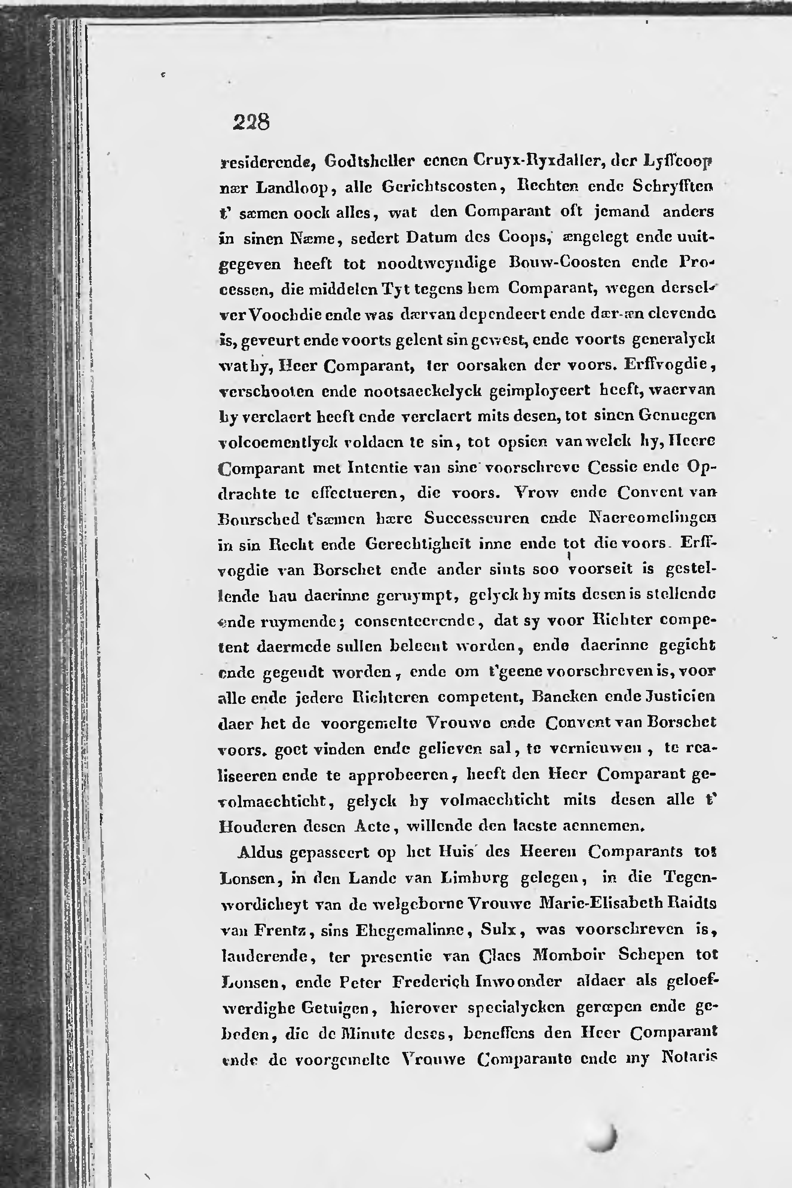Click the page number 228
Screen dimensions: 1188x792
[x=251, y=122]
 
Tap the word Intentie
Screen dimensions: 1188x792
[x=377, y=467]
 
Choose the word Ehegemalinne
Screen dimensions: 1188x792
[x=412, y=930]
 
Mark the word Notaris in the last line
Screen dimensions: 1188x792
[x=689, y=1057]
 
